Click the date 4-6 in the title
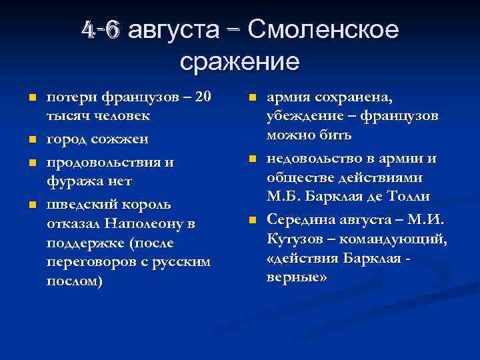(100, 30)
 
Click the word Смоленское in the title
(323, 30)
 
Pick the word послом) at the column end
(74, 281)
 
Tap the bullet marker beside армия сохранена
(251, 99)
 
